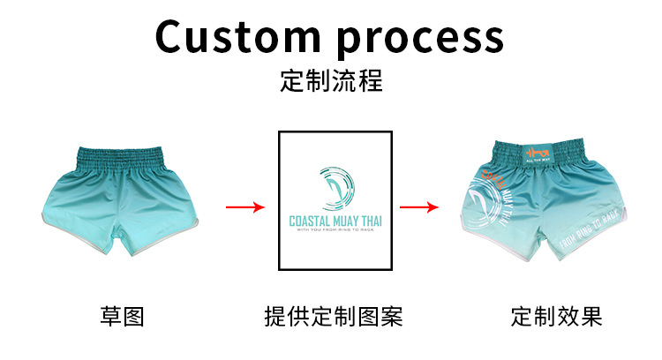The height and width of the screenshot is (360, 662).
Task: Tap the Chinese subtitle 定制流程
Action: tap(331, 82)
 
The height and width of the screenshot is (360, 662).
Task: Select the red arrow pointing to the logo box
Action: tap(245, 207)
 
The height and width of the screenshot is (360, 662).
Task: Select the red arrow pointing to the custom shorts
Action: tap(419, 207)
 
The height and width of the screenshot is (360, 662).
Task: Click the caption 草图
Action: tap(122, 317)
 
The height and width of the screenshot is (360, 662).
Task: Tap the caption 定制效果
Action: tap(556, 317)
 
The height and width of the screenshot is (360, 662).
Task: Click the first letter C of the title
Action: tap(173, 37)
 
